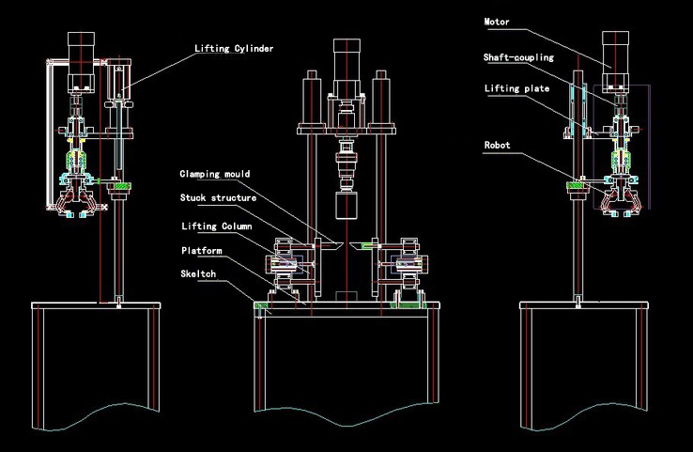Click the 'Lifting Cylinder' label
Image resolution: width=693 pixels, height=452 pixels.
click(234, 48)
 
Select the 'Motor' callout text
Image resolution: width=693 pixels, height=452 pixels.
click(498, 21)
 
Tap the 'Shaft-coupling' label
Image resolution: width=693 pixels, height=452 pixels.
click(518, 57)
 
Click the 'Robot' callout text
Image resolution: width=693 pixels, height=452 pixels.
click(497, 146)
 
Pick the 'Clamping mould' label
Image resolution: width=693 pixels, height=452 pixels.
click(215, 174)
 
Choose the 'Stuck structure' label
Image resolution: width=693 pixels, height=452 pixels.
click(217, 198)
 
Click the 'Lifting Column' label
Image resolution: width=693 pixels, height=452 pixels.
click(216, 226)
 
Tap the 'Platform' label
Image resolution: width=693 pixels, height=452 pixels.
click(201, 251)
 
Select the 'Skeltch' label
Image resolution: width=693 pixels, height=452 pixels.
click(198, 273)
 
